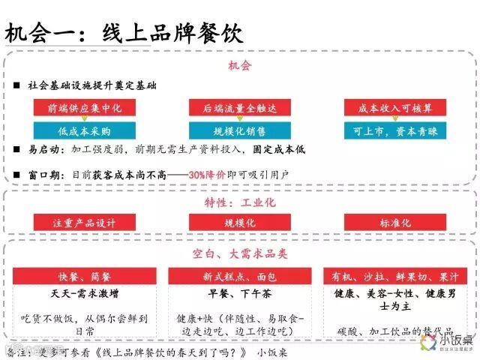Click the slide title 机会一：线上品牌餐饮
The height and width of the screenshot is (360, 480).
[x=124, y=34]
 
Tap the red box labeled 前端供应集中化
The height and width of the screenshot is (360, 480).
[x=84, y=108]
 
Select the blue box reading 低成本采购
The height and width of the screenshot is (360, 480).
[x=84, y=131]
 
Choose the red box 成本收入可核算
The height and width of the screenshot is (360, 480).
[x=394, y=108]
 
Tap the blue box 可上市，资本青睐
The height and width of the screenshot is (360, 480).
[x=394, y=131]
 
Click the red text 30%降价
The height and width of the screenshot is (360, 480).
[x=208, y=174]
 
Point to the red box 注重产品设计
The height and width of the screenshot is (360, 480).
[x=84, y=223]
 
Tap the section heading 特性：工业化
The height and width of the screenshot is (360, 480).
[x=239, y=202]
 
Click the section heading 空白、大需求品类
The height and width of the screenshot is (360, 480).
[x=239, y=255]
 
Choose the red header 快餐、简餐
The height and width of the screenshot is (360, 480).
[x=84, y=276]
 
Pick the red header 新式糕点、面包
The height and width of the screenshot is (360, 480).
[x=239, y=276]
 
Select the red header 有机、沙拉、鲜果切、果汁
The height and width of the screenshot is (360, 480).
[x=394, y=276]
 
